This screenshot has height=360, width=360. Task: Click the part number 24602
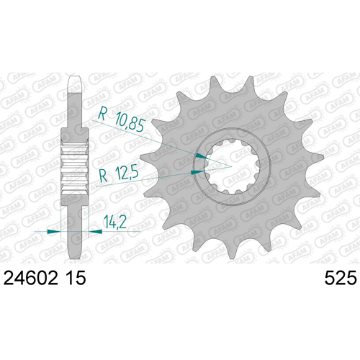pos(31,278)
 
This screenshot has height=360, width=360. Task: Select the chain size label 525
pos(341,278)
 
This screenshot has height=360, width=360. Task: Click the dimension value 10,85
pos(130,122)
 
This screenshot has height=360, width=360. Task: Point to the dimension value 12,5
pos(127,173)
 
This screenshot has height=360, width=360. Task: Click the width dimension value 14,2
pos(115,222)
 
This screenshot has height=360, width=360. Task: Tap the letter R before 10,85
pos(102,113)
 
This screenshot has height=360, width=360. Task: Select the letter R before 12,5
pos(104,176)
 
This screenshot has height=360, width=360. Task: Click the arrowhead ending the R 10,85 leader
pos(202,156)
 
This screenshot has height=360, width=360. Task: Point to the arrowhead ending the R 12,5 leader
pos(197,172)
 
